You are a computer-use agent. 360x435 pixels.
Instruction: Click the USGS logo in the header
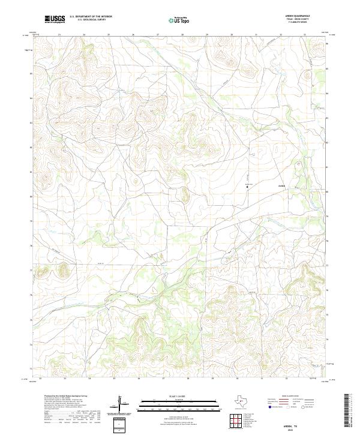(55, 20)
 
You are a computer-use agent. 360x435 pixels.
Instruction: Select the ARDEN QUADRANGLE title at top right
(296, 16)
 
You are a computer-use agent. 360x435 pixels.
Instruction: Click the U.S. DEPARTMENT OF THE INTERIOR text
(91, 16)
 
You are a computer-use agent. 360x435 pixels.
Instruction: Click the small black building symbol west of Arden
(248, 187)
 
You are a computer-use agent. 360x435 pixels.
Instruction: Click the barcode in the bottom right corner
(351, 414)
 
